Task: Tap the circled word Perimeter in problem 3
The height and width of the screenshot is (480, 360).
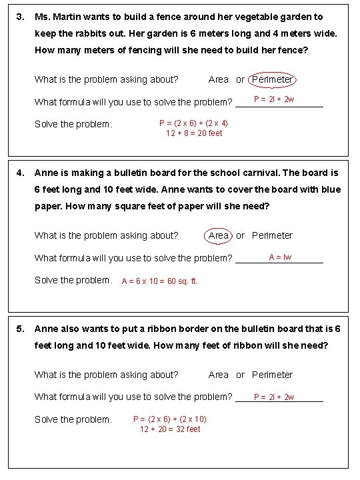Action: [x=272, y=79]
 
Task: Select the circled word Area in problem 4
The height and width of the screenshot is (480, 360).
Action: [x=219, y=235]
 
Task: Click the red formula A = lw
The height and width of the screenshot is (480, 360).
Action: [x=280, y=257]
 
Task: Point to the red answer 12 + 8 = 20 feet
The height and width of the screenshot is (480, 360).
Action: [x=194, y=133]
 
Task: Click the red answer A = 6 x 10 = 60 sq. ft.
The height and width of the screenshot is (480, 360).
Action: [x=159, y=281]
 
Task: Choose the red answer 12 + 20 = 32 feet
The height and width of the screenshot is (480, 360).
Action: [x=170, y=429]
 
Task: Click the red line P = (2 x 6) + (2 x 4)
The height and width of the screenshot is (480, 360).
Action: [x=193, y=123]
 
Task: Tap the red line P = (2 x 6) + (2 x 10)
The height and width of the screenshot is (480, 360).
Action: [x=170, y=419]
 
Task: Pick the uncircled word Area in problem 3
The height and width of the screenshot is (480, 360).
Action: [x=219, y=79]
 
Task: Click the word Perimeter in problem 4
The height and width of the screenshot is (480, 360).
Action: [x=272, y=235]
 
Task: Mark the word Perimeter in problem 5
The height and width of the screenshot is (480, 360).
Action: [x=272, y=375]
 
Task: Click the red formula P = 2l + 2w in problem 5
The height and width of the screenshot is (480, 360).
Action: [x=274, y=397]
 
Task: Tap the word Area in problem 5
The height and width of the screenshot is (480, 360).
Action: [x=219, y=375]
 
